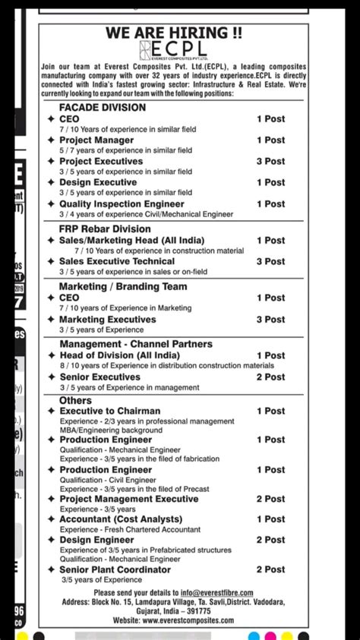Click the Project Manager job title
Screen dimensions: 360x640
pos(96,140)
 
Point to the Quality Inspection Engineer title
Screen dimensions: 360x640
pos(122,203)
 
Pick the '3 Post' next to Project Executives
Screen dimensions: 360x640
pos(270,161)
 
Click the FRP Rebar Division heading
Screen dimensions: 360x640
pos(105,229)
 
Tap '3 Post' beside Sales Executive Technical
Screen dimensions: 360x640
pos(270,261)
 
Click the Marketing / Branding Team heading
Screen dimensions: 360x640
pos(123,286)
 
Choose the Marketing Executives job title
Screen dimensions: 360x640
pos(108,320)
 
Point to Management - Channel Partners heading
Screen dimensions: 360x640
pos(136,344)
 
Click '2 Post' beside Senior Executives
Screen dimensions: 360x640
pos(270,377)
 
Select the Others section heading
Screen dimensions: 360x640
pos(75,400)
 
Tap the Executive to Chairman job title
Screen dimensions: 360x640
pos(110,411)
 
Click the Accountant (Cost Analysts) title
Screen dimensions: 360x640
pos(121,519)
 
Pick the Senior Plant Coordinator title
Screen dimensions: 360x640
pos(115,569)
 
